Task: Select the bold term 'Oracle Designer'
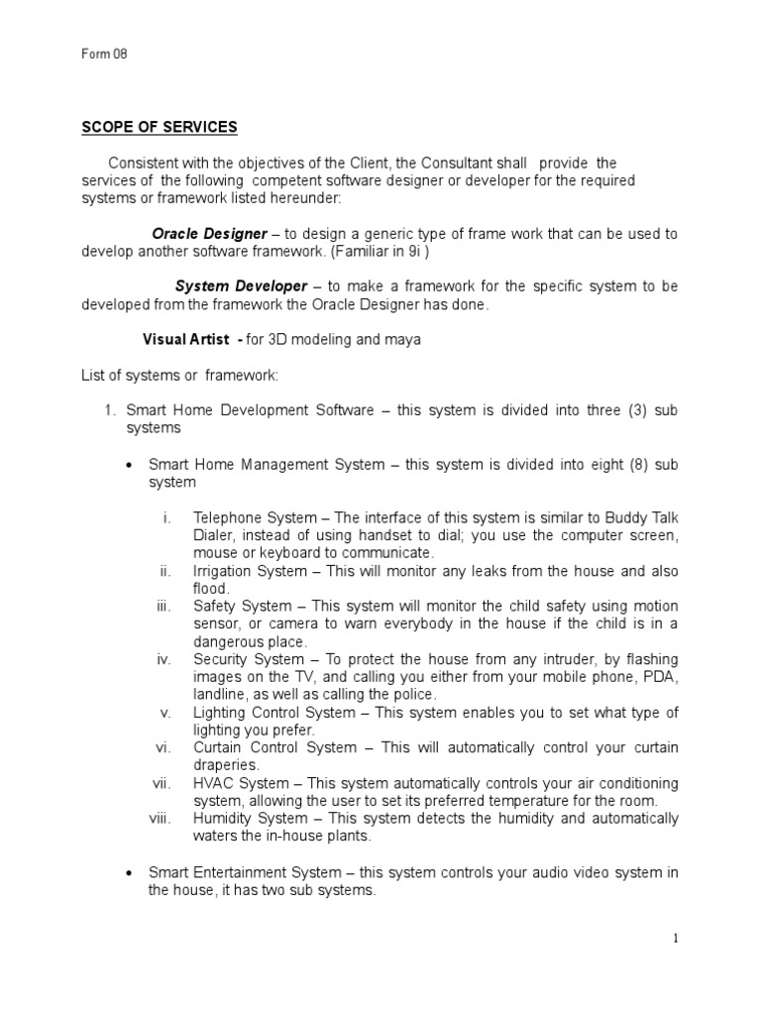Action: pyautogui.click(x=209, y=234)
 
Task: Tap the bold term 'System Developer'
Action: pyautogui.click(x=242, y=286)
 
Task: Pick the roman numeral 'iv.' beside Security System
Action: pyautogui.click(x=164, y=660)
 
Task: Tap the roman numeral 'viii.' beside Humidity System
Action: pyautogui.click(x=162, y=819)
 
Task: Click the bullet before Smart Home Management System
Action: pyautogui.click(x=131, y=465)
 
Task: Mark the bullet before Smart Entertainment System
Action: pyautogui.click(x=131, y=872)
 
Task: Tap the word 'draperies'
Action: pyautogui.click(x=227, y=766)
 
